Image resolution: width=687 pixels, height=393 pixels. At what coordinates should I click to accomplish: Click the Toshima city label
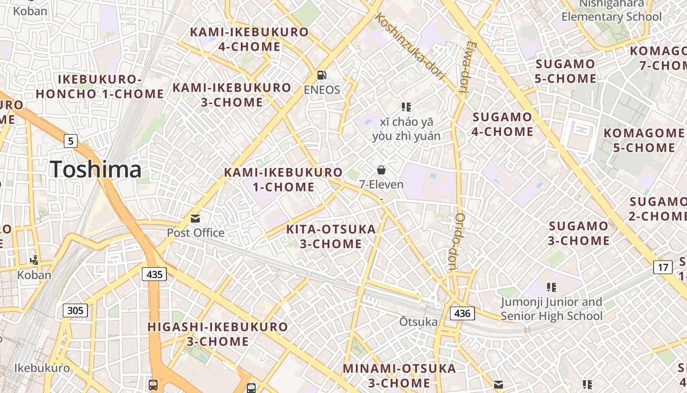(x=96, y=169)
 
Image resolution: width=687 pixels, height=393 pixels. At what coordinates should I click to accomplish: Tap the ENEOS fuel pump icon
(x=322, y=75)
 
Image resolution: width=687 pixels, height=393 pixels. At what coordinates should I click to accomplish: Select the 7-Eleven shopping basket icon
(x=381, y=170)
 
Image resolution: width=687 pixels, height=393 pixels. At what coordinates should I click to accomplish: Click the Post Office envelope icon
(x=195, y=218)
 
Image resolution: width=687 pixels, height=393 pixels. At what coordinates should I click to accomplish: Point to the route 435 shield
(x=155, y=274)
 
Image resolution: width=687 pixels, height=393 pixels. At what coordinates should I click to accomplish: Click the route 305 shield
(x=75, y=310)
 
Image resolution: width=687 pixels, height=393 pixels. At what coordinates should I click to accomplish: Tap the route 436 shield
(x=462, y=313)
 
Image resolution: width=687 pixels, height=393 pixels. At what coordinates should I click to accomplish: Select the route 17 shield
(x=663, y=267)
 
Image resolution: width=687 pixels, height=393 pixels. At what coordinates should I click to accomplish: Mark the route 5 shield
(x=71, y=141)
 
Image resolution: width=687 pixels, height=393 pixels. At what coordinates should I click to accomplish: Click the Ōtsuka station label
(x=418, y=322)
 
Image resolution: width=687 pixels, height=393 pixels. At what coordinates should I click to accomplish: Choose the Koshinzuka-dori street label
(x=409, y=46)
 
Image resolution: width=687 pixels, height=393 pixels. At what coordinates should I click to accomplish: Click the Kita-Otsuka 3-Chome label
(x=331, y=236)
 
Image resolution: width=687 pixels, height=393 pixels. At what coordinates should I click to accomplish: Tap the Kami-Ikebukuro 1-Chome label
(x=283, y=179)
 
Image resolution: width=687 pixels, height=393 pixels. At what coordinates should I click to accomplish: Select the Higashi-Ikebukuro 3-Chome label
(x=218, y=334)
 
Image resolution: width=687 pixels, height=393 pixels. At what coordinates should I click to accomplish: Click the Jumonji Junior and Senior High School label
(x=552, y=309)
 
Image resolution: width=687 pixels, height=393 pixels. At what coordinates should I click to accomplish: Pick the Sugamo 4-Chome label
(x=502, y=124)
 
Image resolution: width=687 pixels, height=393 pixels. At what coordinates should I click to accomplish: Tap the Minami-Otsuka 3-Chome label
(x=399, y=375)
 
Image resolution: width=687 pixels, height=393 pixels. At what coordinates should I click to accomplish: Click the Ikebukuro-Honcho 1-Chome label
(x=100, y=86)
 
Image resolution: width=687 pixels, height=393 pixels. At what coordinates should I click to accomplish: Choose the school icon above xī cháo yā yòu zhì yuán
(x=406, y=107)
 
